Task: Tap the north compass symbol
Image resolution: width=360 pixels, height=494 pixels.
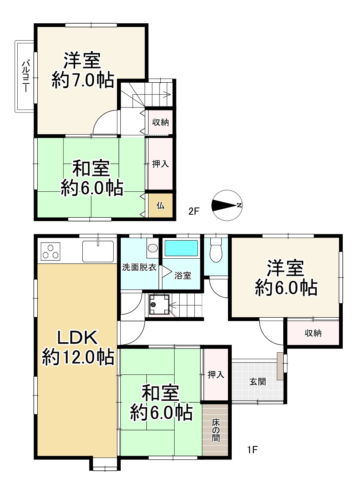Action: click(227, 205)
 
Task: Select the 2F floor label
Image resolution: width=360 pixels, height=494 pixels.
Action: click(194, 211)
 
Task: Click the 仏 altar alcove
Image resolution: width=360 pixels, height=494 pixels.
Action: click(160, 206)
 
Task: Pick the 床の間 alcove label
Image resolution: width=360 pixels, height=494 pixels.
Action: click(216, 430)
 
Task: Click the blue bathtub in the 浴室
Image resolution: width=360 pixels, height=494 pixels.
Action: click(181, 248)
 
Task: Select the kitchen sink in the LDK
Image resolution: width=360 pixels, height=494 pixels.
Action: click(98, 251)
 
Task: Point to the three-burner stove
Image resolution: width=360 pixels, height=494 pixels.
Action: click(50, 251)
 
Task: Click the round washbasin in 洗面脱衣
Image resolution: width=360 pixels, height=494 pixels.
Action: click(152, 248)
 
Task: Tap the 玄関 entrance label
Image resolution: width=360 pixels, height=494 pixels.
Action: click(257, 382)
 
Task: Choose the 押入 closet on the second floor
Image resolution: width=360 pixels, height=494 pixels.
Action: click(160, 164)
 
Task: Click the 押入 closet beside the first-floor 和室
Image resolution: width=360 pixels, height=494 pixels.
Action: click(216, 374)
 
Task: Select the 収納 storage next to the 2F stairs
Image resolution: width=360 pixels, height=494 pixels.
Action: click(160, 122)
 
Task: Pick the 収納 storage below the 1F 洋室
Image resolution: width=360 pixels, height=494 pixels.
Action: click(313, 333)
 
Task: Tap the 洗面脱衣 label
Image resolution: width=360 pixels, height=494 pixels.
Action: click(140, 268)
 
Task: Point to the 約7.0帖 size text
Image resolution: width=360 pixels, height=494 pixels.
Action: click(83, 80)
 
